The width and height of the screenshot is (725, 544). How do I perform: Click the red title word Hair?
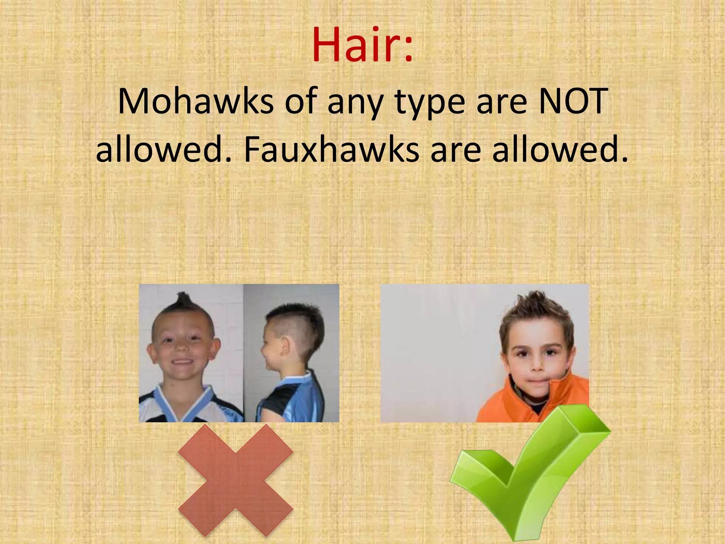click(x=356, y=46)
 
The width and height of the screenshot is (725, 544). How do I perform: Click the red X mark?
click(x=235, y=480)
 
